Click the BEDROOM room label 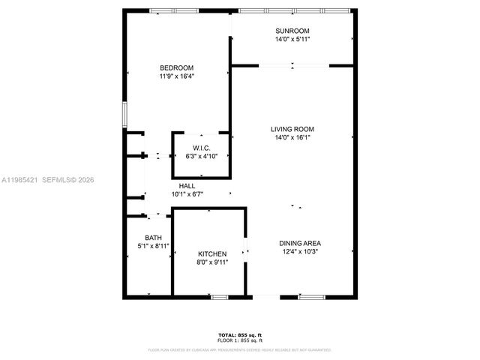[x=176, y=67]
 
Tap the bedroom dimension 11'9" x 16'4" [x=176, y=76]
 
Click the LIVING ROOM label [x=292, y=129]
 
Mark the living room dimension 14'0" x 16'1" [x=292, y=137]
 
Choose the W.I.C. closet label [x=200, y=148]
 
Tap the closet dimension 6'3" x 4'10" [x=200, y=156]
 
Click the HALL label [x=187, y=186]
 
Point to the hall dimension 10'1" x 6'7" [x=187, y=194]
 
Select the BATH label [x=153, y=238]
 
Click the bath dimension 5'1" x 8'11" [x=153, y=246]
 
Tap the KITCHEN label [x=212, y=254]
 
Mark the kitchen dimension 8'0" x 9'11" [x=212, y=262]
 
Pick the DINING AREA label [x=300, y=243]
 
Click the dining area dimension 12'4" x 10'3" [x=300, y=251]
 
